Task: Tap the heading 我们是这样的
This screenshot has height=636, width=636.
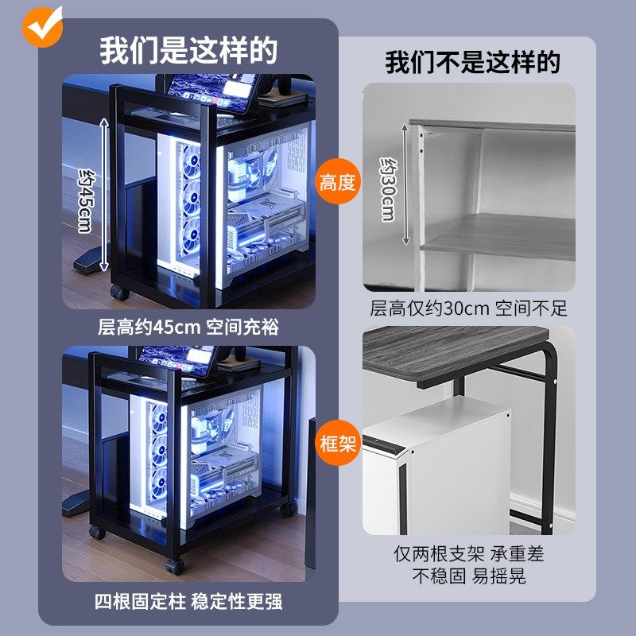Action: [x=188, y=50]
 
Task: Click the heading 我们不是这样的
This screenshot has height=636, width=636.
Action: [x=472, y=62]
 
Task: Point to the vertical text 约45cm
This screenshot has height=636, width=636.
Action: [x=86, y=199]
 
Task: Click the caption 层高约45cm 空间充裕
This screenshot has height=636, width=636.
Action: [x=188, y=326]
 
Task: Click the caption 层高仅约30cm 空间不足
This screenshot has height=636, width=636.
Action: [x=468, y=308]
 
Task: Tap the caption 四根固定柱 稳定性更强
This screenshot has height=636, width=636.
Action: [x=188, y=601]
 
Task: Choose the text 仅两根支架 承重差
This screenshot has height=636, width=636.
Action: [x=469, y=554]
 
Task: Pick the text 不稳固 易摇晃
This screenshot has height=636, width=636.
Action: [x=469, y=576]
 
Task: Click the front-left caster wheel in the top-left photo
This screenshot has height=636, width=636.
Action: [x=120, y=292]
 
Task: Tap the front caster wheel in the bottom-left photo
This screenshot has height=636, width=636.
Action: [x=173, y=565]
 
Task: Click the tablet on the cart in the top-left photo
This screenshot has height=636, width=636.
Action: [x=208, y=92]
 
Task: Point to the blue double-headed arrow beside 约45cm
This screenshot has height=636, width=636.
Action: [x=103, y=195]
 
